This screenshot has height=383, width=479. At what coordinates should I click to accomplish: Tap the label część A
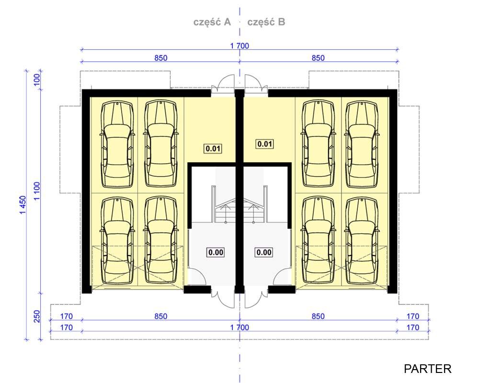pos(212,22)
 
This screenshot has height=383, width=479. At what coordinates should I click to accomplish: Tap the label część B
pos(266,22)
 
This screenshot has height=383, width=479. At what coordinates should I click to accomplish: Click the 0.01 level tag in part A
pos(213,149)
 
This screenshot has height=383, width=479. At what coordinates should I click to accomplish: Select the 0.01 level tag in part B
pos(264,144)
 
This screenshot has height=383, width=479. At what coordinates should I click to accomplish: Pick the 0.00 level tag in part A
pos(216,252)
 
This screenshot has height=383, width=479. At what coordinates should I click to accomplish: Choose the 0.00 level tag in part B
pos(264,252)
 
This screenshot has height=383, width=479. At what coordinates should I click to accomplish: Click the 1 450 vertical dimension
pos(23,205)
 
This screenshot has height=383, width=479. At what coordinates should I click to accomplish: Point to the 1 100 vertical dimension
pos(37,191)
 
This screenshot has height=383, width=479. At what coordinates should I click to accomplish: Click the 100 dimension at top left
pos(36,80)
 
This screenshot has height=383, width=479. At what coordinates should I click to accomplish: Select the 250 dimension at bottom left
pos(37,316)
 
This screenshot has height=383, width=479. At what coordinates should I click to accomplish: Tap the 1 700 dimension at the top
pos(239,46)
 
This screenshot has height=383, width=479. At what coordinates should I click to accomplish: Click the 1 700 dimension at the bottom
pos(239,327)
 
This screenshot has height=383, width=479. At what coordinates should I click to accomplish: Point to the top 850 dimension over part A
pos(160,58)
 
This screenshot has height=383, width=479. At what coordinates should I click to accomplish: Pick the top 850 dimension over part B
pos(318,58)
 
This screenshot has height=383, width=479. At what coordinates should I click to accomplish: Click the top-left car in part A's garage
pos(117,144)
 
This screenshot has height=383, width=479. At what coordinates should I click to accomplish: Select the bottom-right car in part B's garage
pos(362,240)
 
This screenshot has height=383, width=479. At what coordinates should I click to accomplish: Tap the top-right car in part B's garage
pos(362,144)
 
